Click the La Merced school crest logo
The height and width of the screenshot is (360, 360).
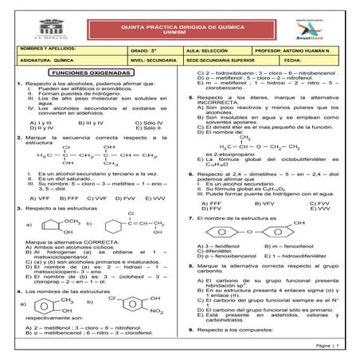29,27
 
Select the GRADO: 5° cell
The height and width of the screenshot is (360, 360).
141,49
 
